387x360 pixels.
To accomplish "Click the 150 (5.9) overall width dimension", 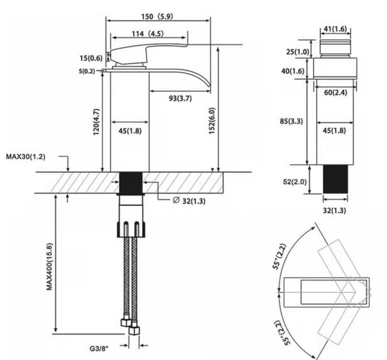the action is click(157, 17).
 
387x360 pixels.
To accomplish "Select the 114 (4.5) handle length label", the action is click(148, 33).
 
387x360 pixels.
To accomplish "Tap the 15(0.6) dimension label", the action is click(91, 58).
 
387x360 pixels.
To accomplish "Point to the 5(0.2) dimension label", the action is click(87, 71).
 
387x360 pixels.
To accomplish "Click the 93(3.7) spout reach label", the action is click(180, 98).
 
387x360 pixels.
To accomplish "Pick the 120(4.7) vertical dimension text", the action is click(96, 122).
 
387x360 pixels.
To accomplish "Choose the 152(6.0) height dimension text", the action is click(212, 121).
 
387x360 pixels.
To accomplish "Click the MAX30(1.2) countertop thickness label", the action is click(26, 156).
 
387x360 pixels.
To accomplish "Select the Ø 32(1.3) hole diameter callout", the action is click(189, 201).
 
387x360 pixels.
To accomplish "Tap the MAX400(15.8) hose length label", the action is click(50, 267).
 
